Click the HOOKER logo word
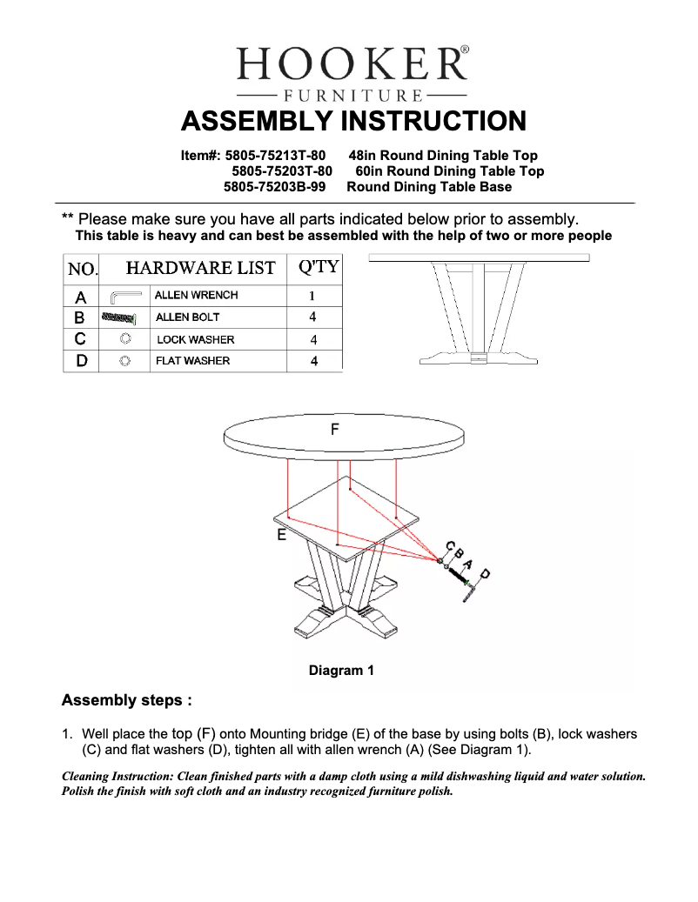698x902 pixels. [352, 65]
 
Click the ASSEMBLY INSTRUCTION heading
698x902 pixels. [352, 120]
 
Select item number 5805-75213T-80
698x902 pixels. [275, 156]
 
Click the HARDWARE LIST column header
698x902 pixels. [200, 268]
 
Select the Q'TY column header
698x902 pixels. [318, 267]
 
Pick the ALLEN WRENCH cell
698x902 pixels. [196, 296]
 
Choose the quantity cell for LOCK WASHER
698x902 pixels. [313, 340]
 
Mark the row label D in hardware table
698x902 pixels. [81, 361]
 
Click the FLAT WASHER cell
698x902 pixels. [192, 361]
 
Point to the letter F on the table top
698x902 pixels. [335, 429]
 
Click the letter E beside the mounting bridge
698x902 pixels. [281, 536]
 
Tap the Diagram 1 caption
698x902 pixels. [341, 671]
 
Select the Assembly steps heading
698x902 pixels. [126, 700]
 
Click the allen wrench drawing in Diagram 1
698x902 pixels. [471, 591]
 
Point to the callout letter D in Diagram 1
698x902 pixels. [485, 573]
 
